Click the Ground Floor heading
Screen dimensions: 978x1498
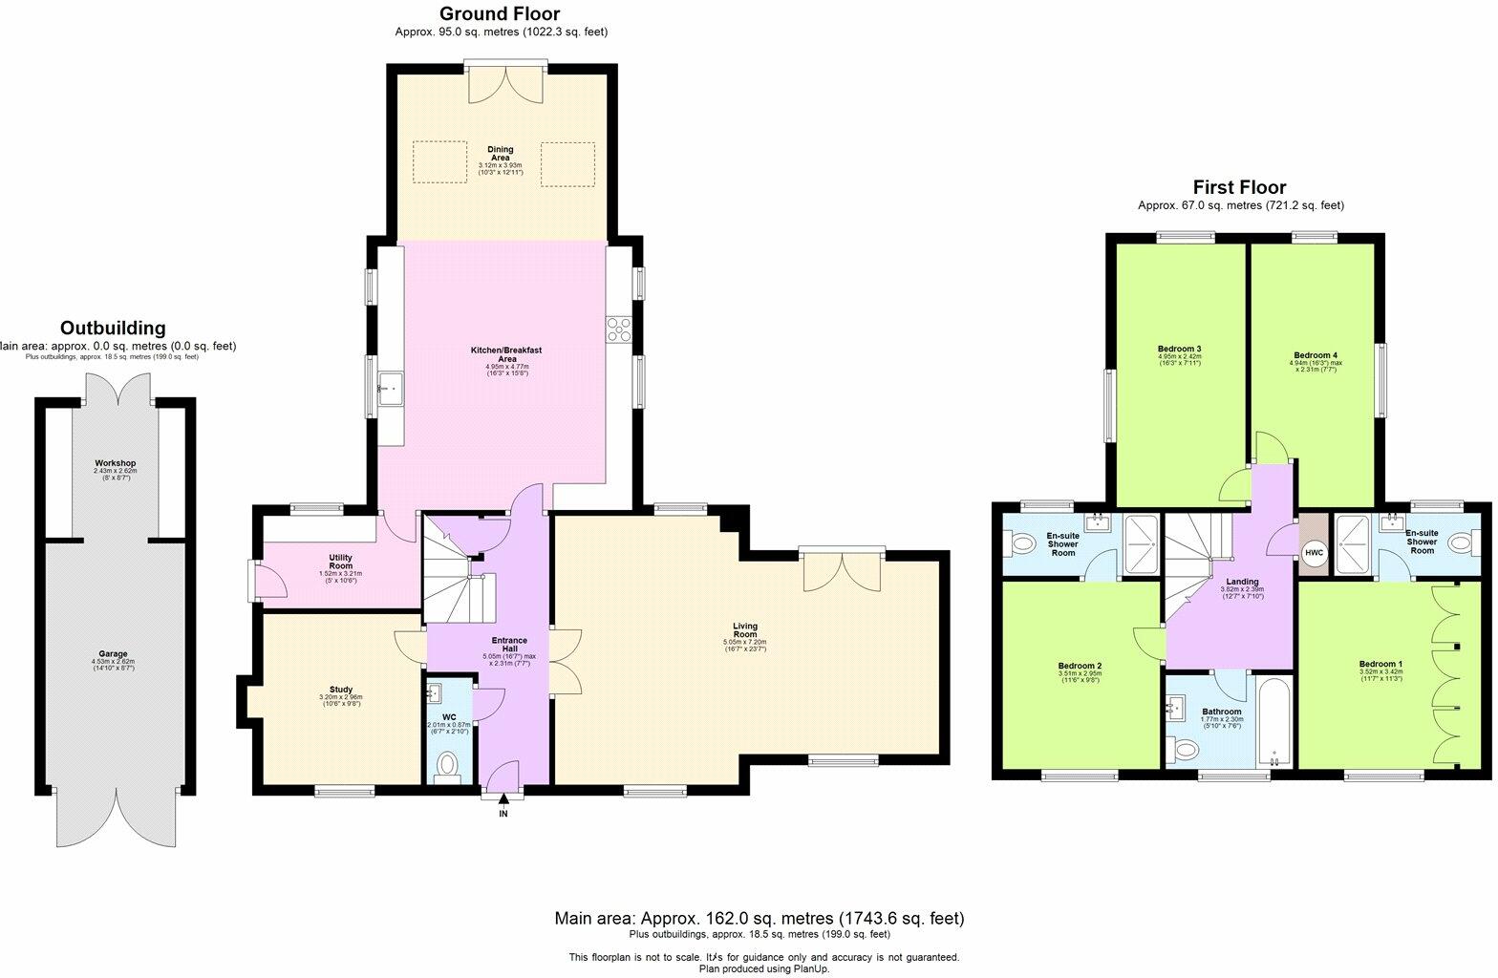499,14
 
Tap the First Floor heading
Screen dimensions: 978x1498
1239,187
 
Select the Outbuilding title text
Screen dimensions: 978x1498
113,329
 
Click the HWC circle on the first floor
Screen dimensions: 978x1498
1314,553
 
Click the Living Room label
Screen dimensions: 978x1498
744,631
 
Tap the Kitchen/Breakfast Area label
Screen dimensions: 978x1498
506,355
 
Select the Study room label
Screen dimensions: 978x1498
341,690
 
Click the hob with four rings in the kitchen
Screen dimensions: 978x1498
618,329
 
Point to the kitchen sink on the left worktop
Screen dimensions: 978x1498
390,388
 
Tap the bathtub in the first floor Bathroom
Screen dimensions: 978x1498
1274,722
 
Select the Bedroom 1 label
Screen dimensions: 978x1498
1380,664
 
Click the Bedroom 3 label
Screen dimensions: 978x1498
1179,349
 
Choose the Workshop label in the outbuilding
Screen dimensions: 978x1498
115,463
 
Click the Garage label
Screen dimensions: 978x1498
113,654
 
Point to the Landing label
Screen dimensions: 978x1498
1242,582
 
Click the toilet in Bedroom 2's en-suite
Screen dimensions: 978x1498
1022,544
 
